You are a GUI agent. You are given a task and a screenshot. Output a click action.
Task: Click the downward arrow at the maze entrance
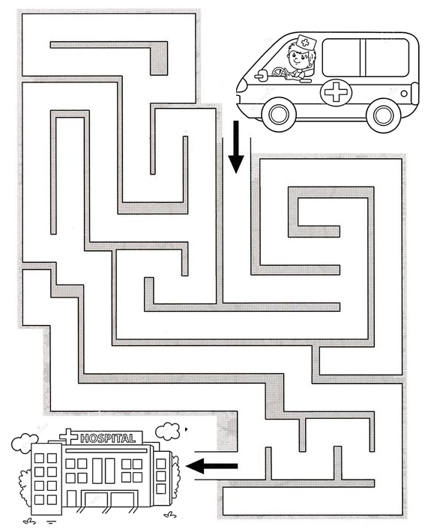pos(236,147)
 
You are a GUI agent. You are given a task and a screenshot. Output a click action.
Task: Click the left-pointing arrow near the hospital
pos(212,465)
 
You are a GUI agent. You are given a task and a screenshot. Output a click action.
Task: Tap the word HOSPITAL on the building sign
pos(108,438)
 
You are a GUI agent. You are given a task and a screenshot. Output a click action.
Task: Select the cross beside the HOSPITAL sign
pos(69,436)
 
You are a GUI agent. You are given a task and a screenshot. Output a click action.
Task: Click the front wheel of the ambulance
pos(279,115)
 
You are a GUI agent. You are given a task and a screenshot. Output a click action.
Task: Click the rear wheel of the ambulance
pos(383,115)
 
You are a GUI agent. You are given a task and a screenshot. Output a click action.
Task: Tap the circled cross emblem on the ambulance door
pos(336,92)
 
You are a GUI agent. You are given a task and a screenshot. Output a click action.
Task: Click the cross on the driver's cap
pos(305,43)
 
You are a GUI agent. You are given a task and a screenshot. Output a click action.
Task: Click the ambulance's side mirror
pos(262,76)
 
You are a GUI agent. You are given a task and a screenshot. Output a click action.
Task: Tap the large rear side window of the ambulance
pos(365,58)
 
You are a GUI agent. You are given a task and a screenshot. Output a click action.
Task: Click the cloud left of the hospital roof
pos(25,443)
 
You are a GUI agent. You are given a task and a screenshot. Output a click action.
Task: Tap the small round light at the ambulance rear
pos(404,94)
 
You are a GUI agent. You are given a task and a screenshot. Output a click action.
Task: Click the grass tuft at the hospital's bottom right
pos(170,515)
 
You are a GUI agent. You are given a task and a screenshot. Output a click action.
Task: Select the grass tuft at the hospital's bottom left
pos(29,521)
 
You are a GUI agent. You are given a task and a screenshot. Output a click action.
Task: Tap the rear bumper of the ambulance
pos(415,94)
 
